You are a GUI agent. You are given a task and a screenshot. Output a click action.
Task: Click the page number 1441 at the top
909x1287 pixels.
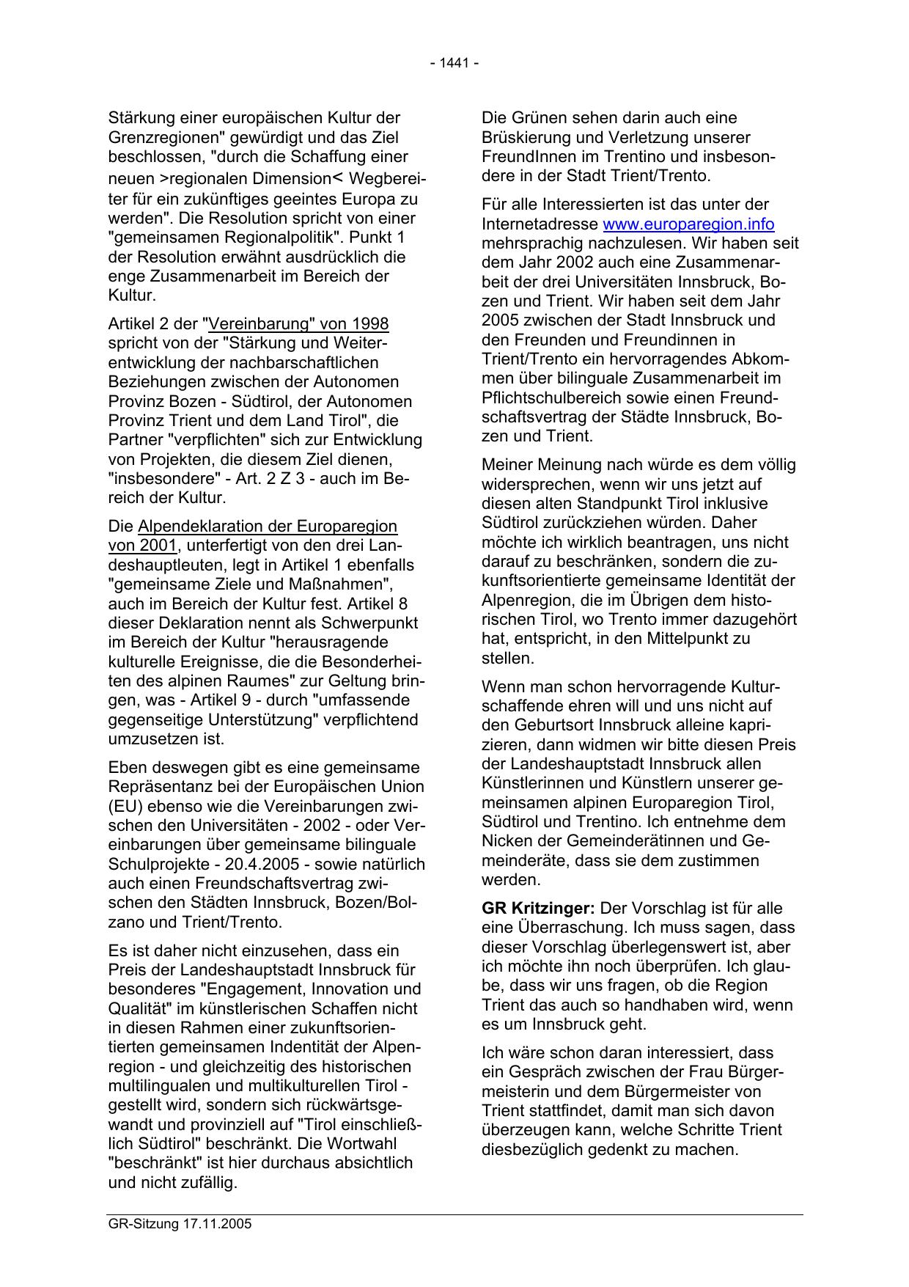coord(454,63)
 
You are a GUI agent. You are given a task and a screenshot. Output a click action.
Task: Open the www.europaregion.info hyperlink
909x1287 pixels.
coord(688,224)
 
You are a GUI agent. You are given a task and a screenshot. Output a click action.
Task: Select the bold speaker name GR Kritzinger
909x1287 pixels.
coord(538,909)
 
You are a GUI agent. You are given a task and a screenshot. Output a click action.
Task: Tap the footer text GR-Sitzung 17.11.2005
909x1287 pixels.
coord(180,1225)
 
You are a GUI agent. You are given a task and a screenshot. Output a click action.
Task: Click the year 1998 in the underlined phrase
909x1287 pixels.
coord(370,324)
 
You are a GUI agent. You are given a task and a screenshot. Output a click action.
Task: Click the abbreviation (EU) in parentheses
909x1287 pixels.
coord(122,807)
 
